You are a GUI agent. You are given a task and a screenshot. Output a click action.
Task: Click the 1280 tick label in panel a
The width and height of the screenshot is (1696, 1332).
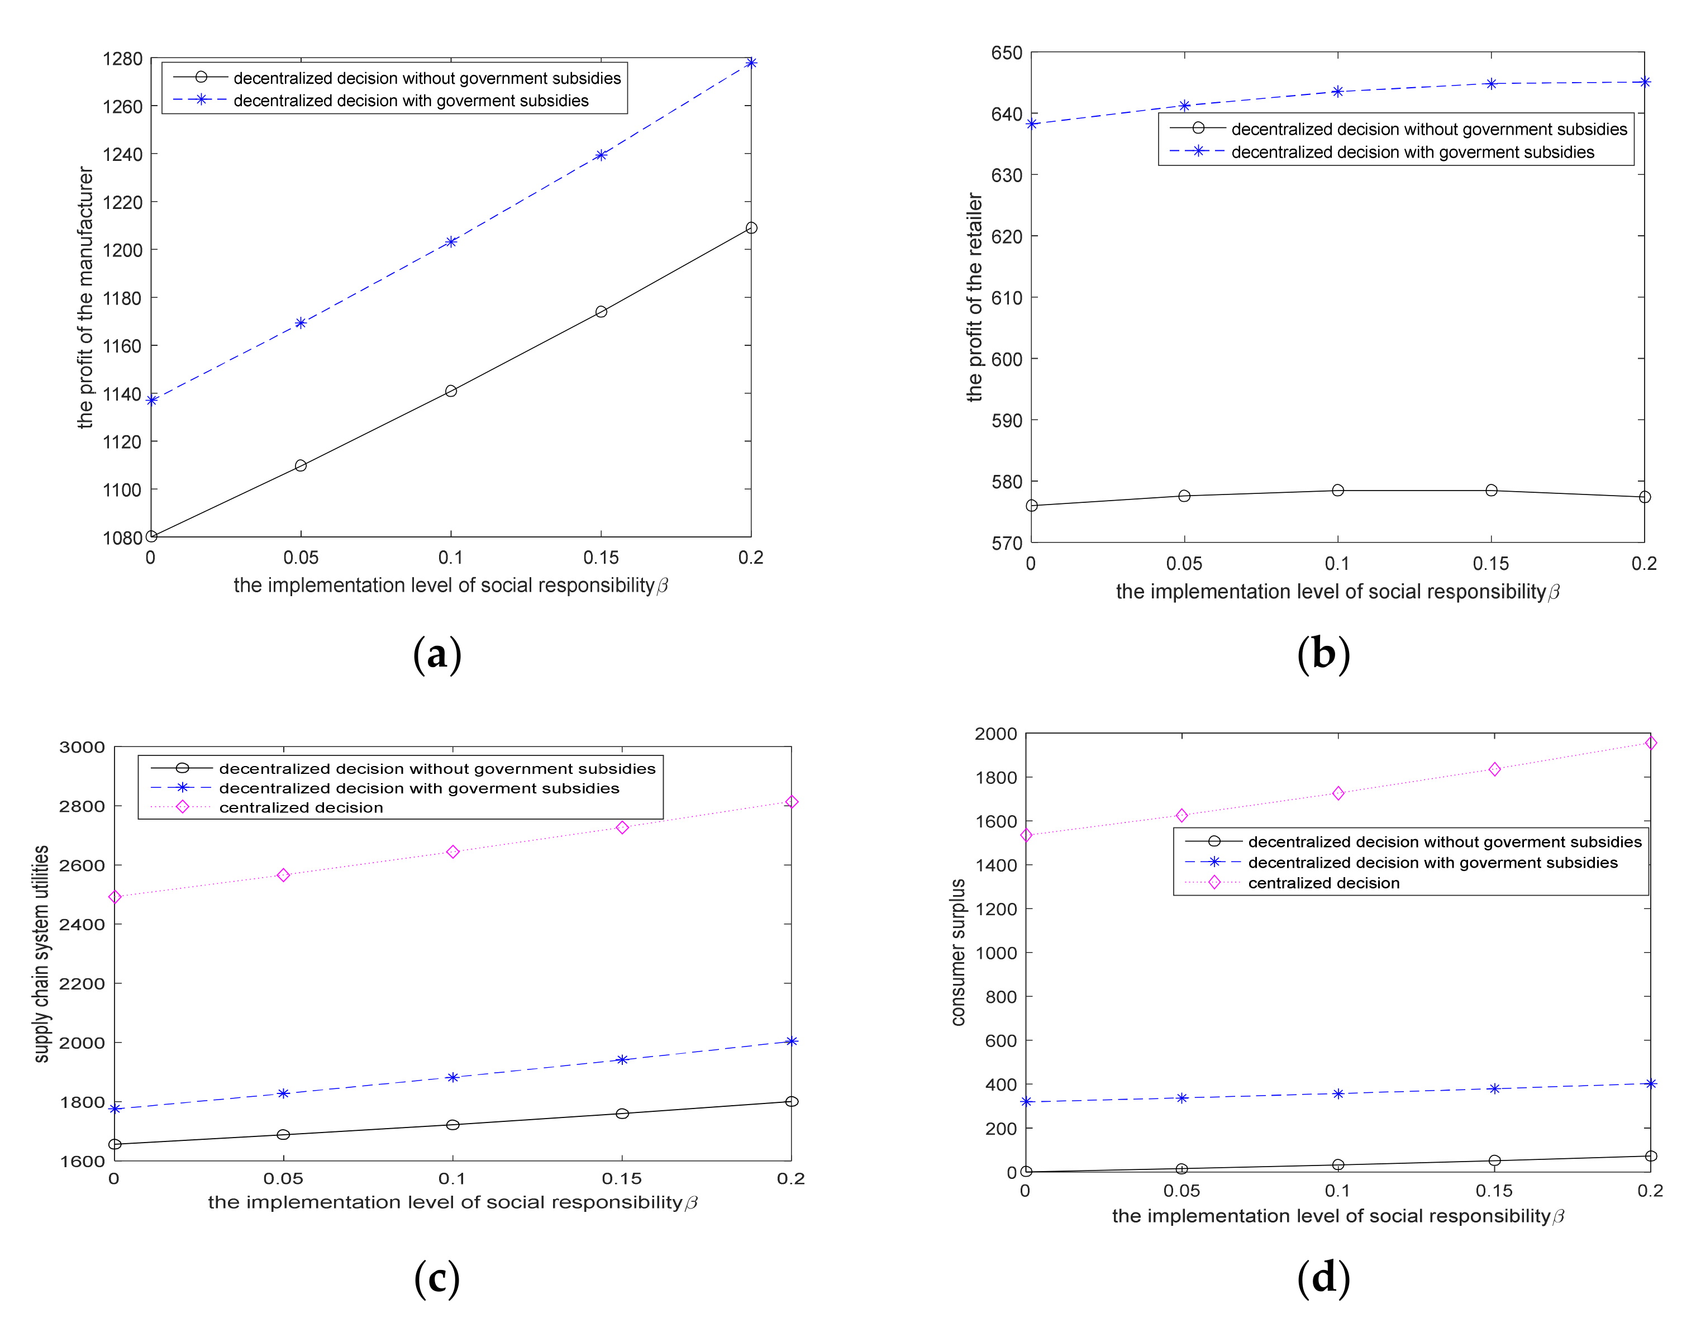click(122, 59)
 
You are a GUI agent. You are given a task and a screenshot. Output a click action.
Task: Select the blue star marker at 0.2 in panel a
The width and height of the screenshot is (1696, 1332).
click(750, 63)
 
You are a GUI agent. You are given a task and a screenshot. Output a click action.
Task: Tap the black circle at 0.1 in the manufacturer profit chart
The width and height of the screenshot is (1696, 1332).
click(451, 391)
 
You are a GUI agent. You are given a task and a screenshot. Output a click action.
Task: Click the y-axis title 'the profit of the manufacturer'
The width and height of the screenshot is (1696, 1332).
click(85, 298)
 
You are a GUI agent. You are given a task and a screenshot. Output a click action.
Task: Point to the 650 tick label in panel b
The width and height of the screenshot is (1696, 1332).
click(1006, 53)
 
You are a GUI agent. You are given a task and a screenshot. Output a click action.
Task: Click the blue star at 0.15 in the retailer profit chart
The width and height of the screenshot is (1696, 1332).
click(1491, 83)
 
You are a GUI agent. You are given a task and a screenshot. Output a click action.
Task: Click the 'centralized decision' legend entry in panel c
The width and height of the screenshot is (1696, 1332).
click(301, 808)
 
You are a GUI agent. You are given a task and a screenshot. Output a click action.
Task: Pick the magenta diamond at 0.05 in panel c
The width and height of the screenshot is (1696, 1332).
click(283, 875)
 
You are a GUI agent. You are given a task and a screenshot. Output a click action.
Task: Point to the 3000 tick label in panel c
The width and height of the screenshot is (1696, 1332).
click(82, 747)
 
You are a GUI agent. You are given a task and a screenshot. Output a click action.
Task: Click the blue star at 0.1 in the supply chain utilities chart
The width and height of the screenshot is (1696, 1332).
click(452, 1077)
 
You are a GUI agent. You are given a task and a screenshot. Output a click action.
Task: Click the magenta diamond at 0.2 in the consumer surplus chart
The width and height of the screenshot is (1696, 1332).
click(1650, 743)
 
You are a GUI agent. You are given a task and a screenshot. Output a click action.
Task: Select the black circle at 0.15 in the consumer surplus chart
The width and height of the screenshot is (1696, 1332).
click(1494, 1160)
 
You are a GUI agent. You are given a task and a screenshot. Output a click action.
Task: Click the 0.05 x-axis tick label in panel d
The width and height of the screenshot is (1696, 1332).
click(1182, 1191)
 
